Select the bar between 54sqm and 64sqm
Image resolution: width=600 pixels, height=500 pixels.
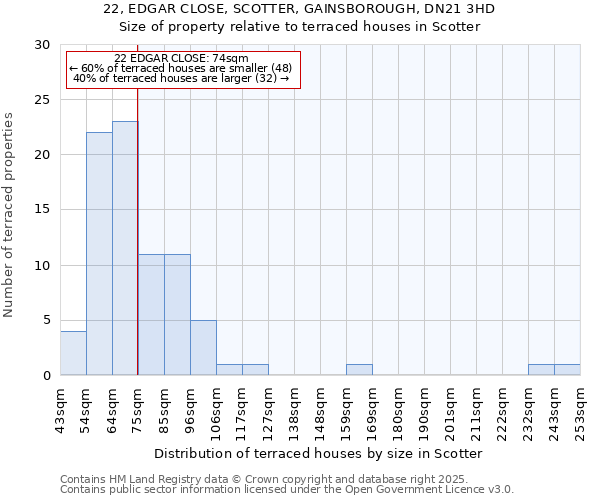[99, 254]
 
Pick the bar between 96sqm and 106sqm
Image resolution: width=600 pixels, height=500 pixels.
[203, 348]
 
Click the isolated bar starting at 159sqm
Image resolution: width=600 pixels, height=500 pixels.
[359, 370]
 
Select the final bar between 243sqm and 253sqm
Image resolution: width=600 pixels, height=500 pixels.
[567, 370]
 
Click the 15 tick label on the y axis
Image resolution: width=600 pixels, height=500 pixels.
[42, 210]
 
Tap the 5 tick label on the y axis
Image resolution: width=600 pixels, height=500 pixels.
[46, 320]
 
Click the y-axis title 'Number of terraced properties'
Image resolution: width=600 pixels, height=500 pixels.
[9, 215]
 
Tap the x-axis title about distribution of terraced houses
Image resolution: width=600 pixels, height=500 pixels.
[319, 453]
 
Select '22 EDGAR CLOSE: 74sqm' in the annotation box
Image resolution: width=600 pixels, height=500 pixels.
[181, 58]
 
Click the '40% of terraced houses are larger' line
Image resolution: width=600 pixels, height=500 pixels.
[181, 78]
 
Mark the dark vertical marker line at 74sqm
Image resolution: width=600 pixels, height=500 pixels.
[137, 230]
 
